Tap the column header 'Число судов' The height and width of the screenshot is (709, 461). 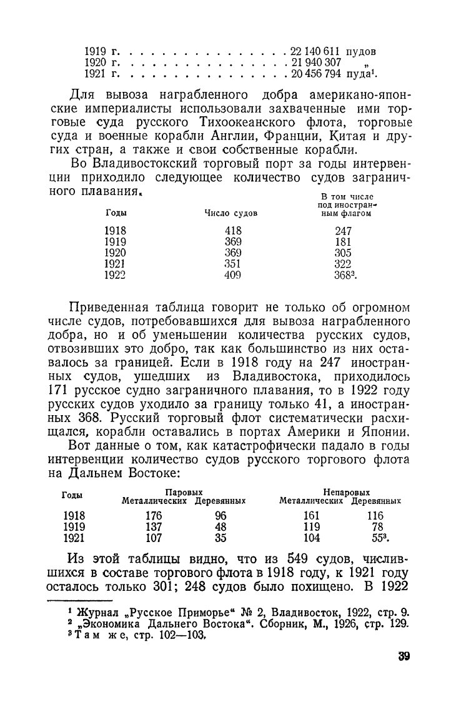click(231, 214)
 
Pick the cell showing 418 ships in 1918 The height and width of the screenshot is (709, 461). click(232, 231)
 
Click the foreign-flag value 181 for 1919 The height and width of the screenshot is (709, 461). click(343, 241)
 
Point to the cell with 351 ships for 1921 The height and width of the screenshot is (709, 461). click(232, 263)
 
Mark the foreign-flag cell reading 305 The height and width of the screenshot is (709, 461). click(343, 253)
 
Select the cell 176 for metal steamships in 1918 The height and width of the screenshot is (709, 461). click(153, 516)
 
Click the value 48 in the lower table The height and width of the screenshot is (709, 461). click(220, 526)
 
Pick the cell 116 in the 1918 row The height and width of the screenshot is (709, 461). click(375, 516)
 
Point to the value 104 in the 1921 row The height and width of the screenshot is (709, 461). click(311, 537)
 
